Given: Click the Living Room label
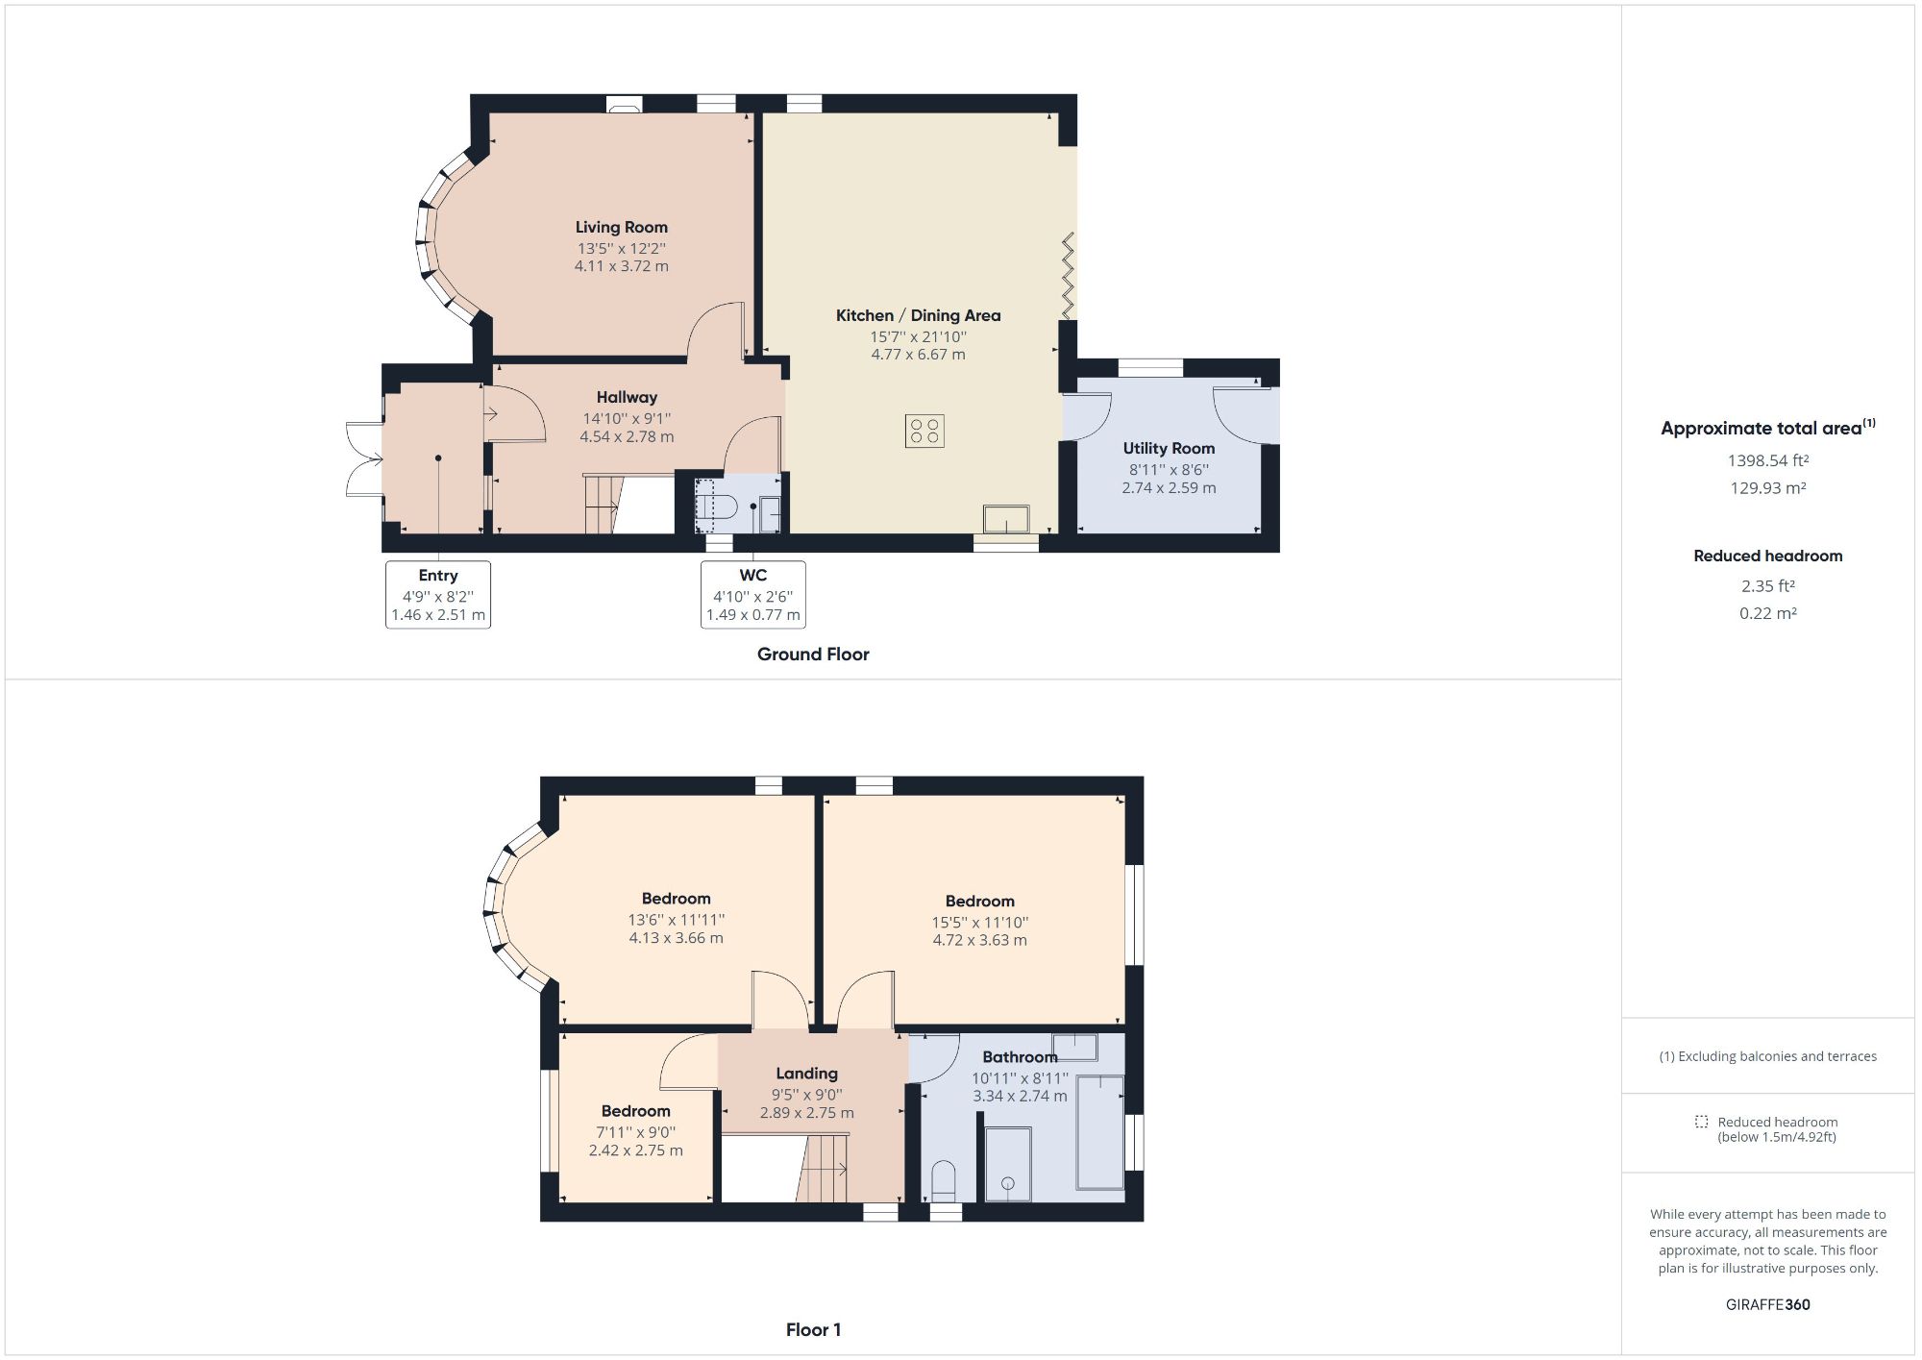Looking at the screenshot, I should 621,227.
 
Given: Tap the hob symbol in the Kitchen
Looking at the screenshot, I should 924,431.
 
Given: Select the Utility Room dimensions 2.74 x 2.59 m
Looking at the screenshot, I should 1169,487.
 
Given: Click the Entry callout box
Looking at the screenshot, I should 438,595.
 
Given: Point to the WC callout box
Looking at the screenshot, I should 752,595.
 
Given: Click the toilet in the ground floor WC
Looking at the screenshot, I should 718,506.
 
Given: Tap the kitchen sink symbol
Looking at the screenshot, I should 1005,519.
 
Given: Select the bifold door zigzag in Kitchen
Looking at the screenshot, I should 1067,276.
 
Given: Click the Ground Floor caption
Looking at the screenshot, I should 813,654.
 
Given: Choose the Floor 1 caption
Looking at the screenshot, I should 813,1329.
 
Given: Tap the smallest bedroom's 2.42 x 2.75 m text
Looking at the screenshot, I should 635,1150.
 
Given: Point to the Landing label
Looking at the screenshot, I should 806,1073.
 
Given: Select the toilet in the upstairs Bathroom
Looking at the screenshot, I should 944,1180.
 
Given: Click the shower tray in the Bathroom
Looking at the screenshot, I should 1007,1163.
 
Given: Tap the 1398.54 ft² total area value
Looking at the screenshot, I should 1767,460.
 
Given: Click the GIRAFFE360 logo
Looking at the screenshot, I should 1767,1304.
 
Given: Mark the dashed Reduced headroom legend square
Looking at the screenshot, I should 1701,1122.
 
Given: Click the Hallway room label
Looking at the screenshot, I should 627,397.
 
